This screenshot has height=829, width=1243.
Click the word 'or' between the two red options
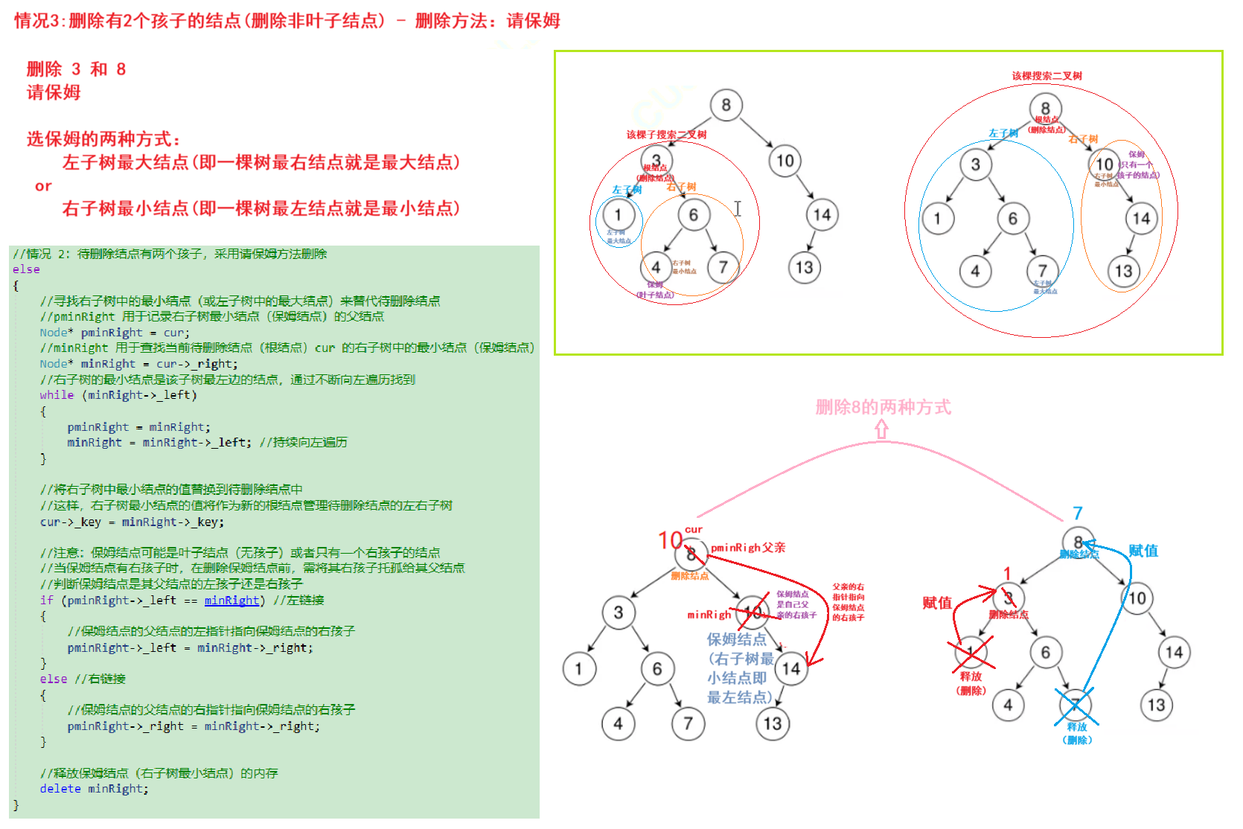tap(43, 186)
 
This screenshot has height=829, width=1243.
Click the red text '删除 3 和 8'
tap(76, 69)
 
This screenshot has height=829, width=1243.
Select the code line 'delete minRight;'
tap(94, 789)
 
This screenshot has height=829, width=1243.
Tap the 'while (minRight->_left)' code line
tap(118, 395)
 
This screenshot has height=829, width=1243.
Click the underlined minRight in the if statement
tap(231, 601)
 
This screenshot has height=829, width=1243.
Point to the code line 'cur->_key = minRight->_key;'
tap(132, 522)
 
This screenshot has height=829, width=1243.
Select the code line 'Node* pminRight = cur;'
tap(115, 333)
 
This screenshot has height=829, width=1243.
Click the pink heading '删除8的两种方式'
tap(883, 407)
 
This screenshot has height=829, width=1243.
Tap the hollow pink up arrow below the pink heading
tap(882, 429)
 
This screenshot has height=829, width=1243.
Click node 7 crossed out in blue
tap(1076, 704)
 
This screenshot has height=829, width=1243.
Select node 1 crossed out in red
tap(971, 653)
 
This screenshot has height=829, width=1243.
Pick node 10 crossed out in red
tap(752, 612)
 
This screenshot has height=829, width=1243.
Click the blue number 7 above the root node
tap(1078, 513)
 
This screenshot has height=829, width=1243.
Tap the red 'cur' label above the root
tap(694, 530)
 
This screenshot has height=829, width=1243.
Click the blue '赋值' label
tap(1143, 551)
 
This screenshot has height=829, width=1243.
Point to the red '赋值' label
tap(937, 603)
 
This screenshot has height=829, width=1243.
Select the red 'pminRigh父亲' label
tap(747, 548)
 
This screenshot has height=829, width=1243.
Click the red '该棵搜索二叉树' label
tap(1047, 76)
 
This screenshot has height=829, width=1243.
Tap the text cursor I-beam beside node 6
tap(738, 209)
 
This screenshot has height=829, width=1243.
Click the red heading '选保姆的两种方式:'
tap(103, 139)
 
